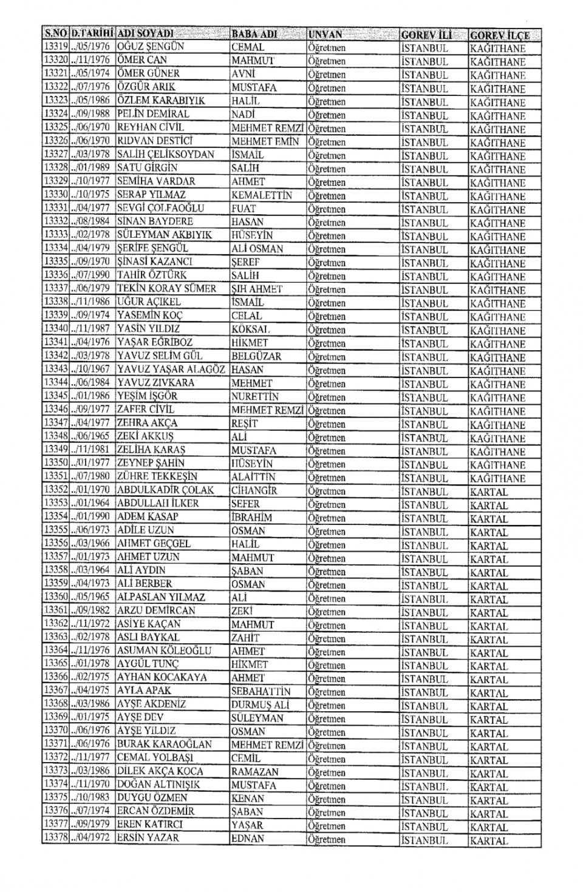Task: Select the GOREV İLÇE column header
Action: pos(499,35)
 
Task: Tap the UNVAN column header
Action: pos(326,34)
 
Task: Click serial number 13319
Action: pos(56,47)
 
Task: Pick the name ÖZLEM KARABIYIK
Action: pos(161,101)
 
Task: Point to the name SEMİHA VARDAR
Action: pos(156,181)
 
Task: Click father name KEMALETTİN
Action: pos(262,195)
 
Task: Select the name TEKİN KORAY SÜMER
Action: pos(166,289)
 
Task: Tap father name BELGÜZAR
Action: pos(256,356)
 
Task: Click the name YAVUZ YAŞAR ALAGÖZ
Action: pos(171,370)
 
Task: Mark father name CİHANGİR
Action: pos(254,490)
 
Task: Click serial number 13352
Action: pos(56,490)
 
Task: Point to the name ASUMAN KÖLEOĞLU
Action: pos(164,650)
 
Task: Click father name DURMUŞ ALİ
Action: pos(260,704)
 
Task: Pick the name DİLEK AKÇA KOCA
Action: pos(160,771)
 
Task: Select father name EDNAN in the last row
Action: pos(248,839)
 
